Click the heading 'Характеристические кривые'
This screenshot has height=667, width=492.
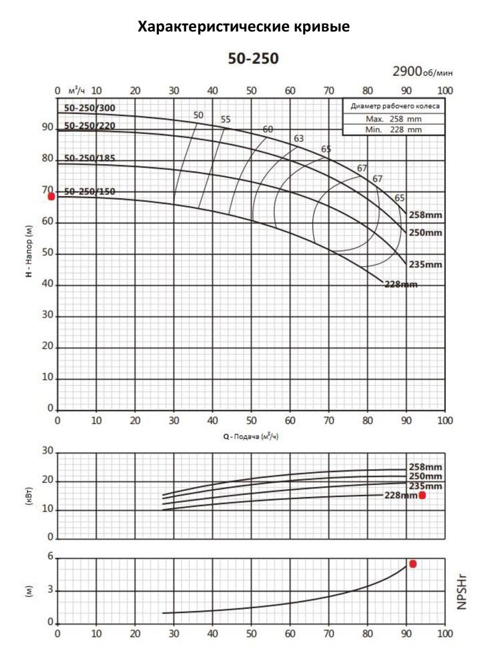pos(244,27)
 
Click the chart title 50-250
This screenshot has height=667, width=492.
pos(253,59)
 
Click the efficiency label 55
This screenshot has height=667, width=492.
pos(226,119)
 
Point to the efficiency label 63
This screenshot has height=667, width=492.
pos(298,139)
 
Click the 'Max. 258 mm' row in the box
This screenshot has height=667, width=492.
pos(394,119)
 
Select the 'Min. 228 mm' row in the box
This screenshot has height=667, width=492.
pos(394,129)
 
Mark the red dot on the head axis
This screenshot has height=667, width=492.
pos(51,196)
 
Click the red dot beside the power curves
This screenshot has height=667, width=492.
pos(422,495)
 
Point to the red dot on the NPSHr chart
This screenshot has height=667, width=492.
pos(413,564)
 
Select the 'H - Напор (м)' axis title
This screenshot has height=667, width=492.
pos(31,251)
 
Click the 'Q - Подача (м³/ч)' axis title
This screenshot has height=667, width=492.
pos(250,436)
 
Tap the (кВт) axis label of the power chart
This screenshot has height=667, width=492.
pos(31,495)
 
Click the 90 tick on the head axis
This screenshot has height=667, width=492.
pos(47,127)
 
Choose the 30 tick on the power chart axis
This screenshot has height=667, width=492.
pos(47,452)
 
